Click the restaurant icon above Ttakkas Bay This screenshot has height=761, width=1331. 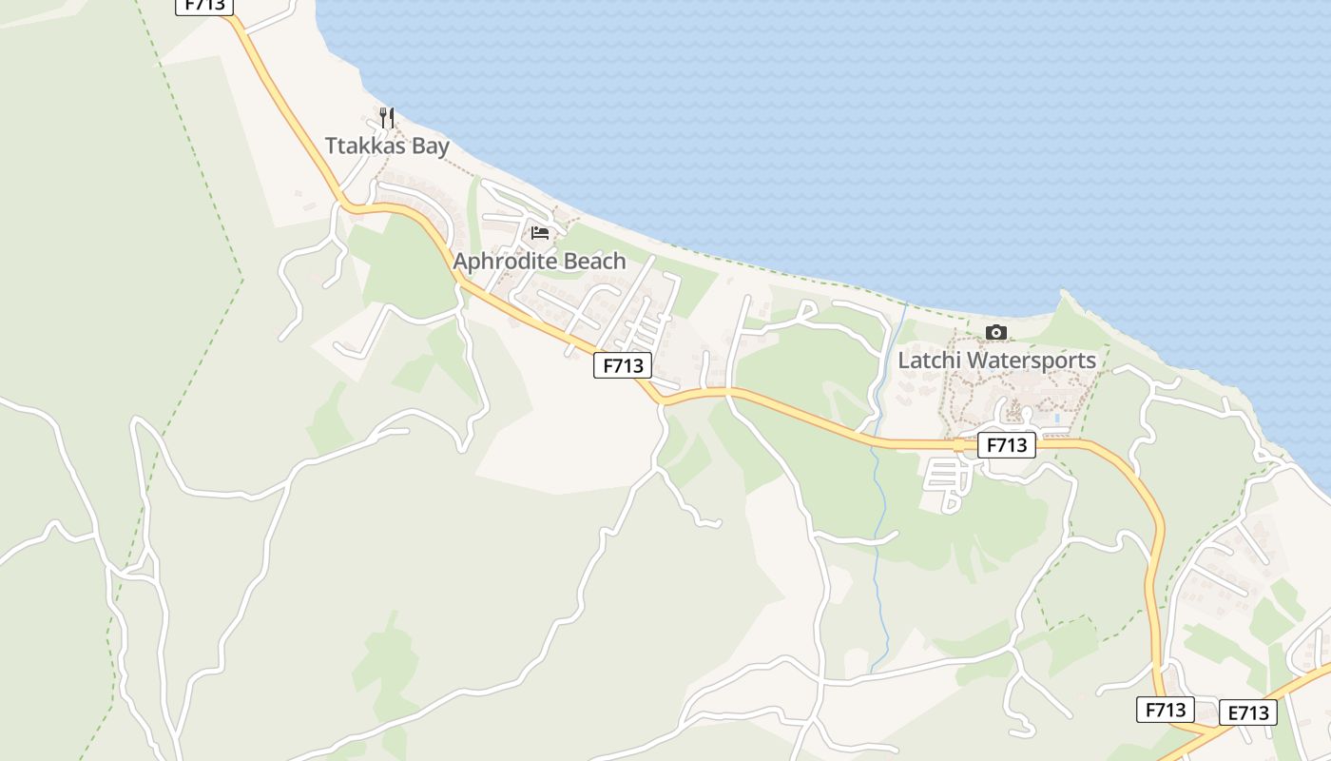(386, 118)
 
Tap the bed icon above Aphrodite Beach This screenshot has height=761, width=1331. (540, 233)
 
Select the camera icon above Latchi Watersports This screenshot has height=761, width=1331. (996, 332)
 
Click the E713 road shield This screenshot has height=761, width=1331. (1247, 712)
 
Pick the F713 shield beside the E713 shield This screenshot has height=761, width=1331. (1166, 709)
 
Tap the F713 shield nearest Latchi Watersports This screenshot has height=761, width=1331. (1006, 444)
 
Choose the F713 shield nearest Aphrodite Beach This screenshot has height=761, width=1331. (623, 364)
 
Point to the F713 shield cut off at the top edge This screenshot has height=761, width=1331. (204, 6)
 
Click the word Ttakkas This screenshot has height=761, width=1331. (364, 146)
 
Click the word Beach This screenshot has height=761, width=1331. (595, 261)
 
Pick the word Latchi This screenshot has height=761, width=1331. (930, 361)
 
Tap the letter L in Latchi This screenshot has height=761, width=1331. (904, 361)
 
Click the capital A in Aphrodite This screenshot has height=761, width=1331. (461, 261)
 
